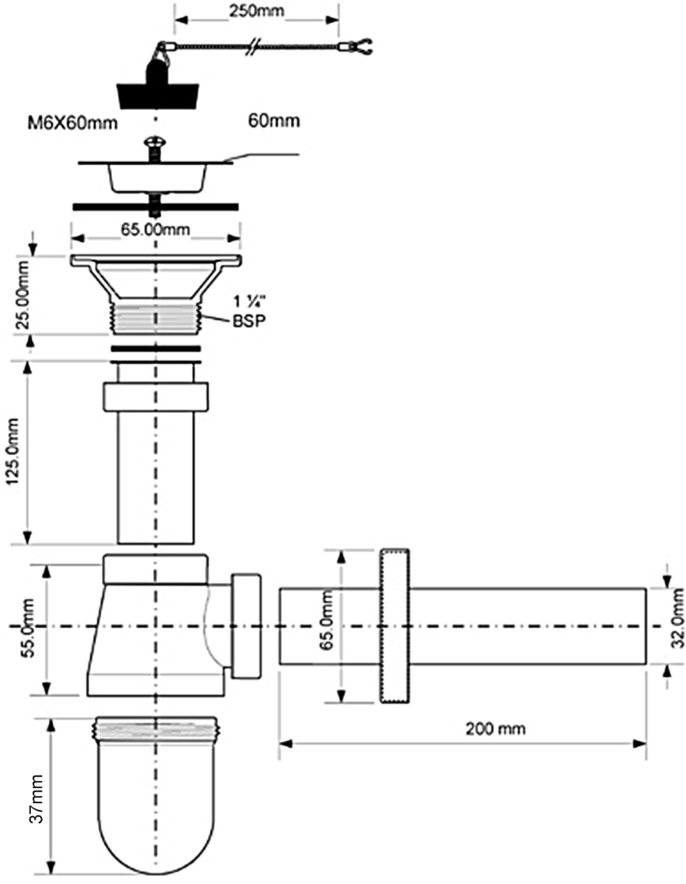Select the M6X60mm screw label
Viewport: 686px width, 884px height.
coord(72,123)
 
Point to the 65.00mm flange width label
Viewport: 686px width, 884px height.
coord(156,230)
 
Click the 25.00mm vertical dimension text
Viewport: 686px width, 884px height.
coord(23,295)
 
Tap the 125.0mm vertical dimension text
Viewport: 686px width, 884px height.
coord(14,453)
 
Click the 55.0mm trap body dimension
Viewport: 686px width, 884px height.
coord(28,628)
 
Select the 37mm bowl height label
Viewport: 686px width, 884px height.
coord(36,799)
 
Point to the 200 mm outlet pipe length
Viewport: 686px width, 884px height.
coord(495,728)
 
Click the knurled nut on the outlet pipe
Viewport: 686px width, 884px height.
coord(394,625)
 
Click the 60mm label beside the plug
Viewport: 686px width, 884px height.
coord(273,121)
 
